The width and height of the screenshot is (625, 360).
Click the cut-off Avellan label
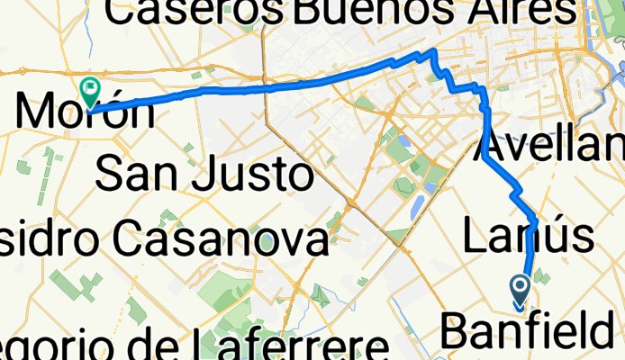coord(549,144)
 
